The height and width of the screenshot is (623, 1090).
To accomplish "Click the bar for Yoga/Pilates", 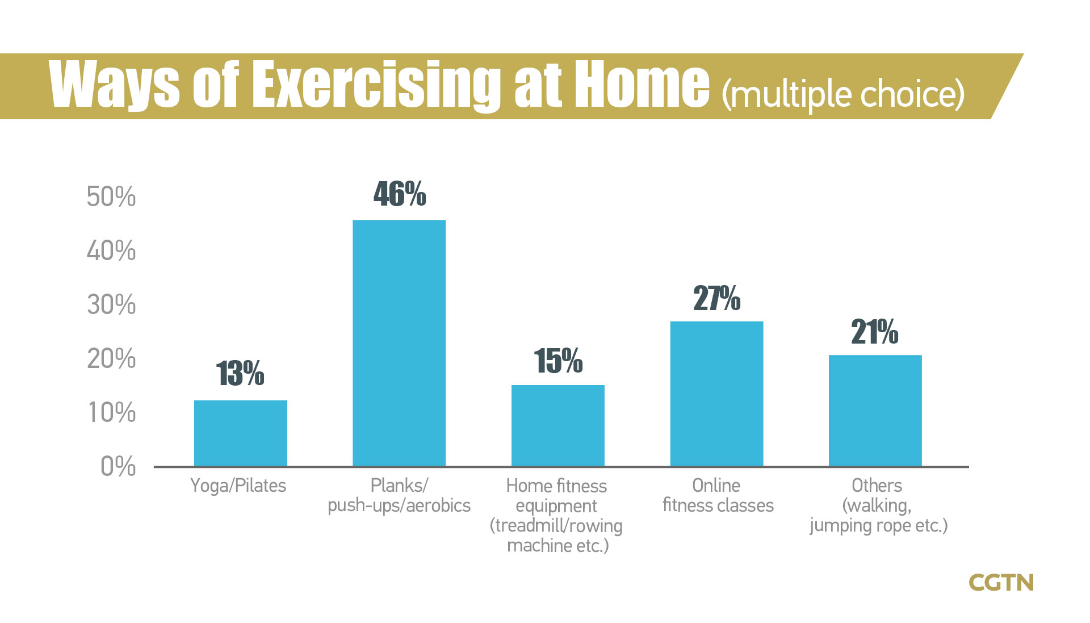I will click(x=240, y=433).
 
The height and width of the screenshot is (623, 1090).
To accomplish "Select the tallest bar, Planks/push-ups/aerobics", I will click(x=399, y=343).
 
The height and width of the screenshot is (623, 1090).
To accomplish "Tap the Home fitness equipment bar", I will click(x=557, y=425).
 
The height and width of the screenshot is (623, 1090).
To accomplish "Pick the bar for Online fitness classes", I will click(x=716, y=394).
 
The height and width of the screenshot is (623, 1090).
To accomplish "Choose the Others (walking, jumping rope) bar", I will click(x=875, y=411).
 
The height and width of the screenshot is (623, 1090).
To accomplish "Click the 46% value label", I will click(x=400, y=194).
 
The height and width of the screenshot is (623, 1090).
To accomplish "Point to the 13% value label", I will click(x=240, y=374).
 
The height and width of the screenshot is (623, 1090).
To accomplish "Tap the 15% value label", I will click(x=558, y=361).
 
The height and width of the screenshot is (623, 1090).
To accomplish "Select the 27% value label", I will click(x=716, y=299).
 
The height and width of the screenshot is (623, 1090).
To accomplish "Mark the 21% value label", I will click(x=874, y=332).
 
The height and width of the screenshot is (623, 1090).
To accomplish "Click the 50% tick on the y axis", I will click(x=111, y=197).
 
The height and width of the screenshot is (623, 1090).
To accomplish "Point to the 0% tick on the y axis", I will click(x=118, y=467).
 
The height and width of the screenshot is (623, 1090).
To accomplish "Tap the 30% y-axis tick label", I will click(x=111, y=305).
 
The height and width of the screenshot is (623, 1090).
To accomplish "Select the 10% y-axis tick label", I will click(x=112, y=413).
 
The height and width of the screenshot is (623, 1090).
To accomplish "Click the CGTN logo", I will click(x=1001, y=583).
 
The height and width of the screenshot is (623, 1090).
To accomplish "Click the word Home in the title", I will click(x=642, y=85).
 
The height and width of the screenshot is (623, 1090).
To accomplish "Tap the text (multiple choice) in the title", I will click(x=843, y=94).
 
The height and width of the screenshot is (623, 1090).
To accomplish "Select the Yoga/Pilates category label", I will click(x=238, y=486).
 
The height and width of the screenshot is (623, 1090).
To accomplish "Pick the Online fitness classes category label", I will click(x=718, y=495).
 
